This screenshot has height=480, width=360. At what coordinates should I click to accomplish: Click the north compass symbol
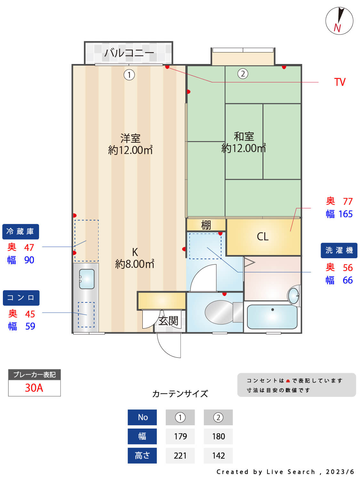click(339, 21)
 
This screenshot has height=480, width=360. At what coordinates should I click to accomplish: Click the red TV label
click(340, 82)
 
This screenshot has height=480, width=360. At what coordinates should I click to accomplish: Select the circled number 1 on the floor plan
click(129, 75)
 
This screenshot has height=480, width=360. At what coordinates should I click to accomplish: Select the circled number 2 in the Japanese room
click(243, 74)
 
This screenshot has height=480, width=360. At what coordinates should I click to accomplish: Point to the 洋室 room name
click(130, 138)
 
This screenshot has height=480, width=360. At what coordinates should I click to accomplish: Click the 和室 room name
click(244, 137)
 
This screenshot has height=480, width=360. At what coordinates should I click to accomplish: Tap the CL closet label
click(263, 237)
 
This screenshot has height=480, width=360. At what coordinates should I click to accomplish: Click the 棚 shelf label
click(206, 225)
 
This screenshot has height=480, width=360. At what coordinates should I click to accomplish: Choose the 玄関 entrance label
click(168, 321)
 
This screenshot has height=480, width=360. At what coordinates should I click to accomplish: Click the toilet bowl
click(220, 312)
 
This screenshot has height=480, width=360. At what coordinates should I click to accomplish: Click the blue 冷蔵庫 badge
click(20, 232)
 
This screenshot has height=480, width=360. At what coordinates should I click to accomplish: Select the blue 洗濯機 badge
click(339, 250)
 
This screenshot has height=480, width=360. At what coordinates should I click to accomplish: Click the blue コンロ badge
click(21, 298)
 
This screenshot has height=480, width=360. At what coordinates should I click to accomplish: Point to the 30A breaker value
click(34, 388)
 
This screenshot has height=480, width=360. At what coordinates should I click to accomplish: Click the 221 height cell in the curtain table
click(180, 455)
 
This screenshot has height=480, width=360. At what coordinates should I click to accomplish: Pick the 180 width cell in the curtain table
click(218, 436)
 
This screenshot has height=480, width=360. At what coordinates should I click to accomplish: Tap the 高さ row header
click(142, 455)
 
